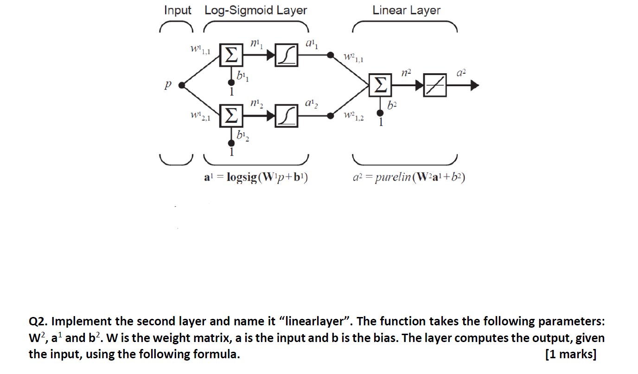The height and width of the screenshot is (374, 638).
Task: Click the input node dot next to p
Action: tap(182, 85)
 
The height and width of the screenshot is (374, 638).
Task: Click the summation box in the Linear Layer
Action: tap(380, 85)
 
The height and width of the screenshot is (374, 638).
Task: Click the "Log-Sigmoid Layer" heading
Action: tap(255, 10)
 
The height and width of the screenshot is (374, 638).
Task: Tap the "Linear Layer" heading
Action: tap(406, 10)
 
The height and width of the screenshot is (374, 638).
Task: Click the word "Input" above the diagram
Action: tap(178, 10)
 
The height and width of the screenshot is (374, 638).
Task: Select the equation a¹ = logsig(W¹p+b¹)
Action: tap(256, 177)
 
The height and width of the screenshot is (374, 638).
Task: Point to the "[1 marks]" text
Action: tap(571, 355)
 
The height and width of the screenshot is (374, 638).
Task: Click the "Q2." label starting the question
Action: tap(38, 321)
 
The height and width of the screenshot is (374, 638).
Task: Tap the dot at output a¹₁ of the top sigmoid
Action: tap(330, 55)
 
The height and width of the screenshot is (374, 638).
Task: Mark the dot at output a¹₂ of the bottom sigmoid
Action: tap(330, 116)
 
